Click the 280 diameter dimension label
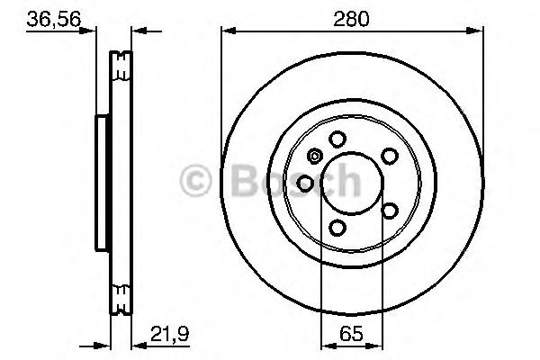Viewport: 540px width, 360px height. [x=353, y=17]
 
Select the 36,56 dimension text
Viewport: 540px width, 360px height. [x=49, y=17]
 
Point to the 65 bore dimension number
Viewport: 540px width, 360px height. [x=353, y=334]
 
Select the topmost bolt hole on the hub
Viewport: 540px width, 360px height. [x=337, y=139]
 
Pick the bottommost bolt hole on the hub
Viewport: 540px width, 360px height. [x=337, y=228]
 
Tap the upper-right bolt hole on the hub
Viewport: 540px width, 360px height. [x=390, y=156]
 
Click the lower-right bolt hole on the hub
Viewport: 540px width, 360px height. [x=390, y=211]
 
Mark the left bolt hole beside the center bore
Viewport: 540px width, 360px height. [x=305, y=184]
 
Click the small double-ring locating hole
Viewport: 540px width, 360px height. [x=313, y=156]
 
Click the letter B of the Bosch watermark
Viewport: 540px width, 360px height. [x=236, y=184]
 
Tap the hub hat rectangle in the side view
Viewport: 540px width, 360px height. [x=101, y=184]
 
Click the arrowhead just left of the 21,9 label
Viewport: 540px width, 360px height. [x=137, y=343]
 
